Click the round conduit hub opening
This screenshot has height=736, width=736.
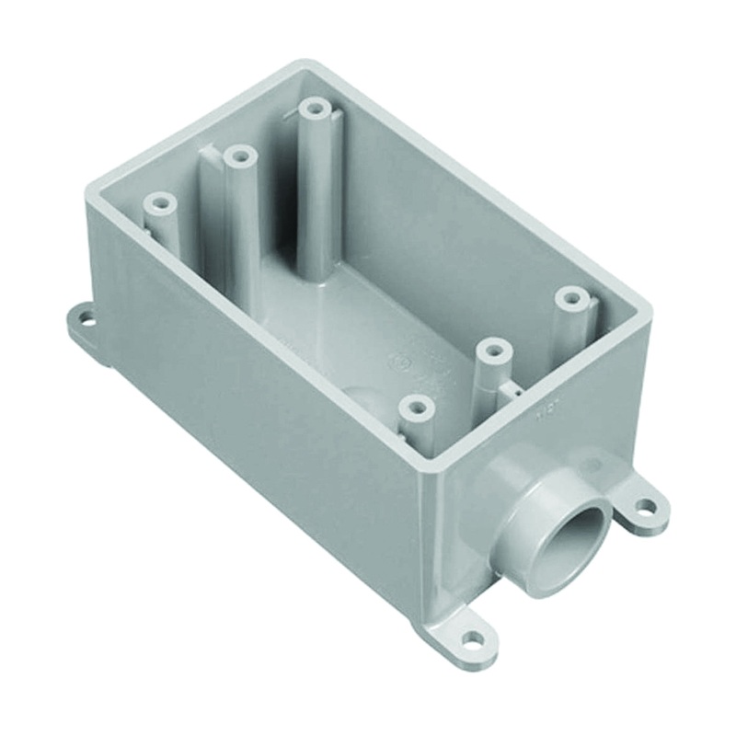tap(571, 538)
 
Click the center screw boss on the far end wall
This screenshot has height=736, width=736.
tap(240, 157)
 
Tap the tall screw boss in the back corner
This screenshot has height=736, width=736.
tap(316, 110)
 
